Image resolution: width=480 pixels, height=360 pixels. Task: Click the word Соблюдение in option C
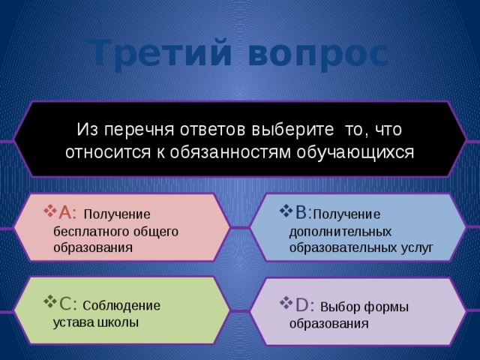click(x=121, y=306)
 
